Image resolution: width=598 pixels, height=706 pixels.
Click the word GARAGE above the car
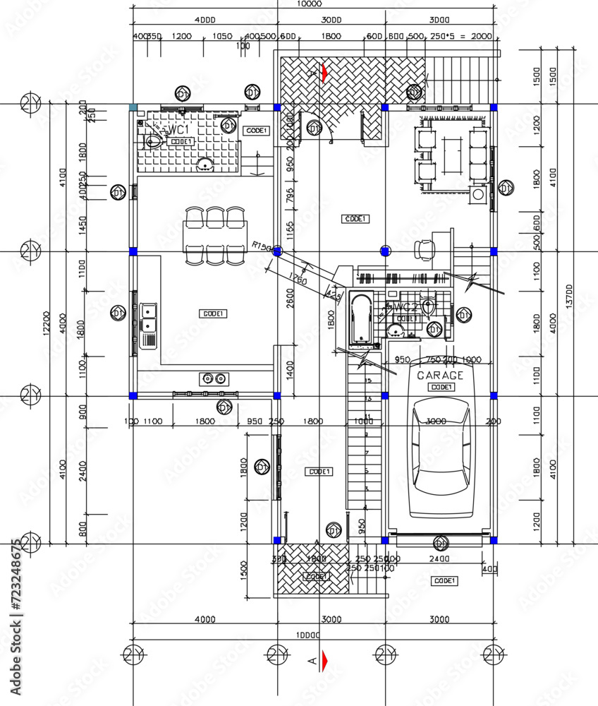[x=440, y=376]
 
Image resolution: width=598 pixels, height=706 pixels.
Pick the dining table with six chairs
[x=215, y=236]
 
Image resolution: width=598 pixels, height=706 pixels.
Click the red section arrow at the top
[x=324, y=73]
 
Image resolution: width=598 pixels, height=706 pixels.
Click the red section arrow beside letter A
[x=324, y=661]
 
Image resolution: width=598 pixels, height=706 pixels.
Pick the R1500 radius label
[x=262, y=245]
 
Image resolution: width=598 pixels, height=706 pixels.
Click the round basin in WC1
[x=205, y=166]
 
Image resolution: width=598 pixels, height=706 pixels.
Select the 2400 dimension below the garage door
[x=439, y=558]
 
